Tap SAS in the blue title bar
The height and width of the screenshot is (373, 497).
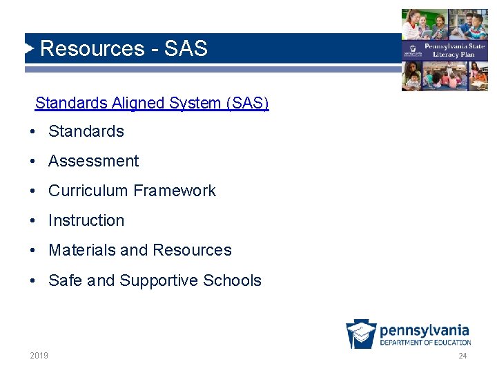(186, 48)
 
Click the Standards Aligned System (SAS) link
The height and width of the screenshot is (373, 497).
(152, 103)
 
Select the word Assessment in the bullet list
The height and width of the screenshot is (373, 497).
(93, 161)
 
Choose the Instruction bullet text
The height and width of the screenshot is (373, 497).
(86, 220)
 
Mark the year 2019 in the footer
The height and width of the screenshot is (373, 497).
(39, 356)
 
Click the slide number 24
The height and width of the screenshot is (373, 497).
(462, 356)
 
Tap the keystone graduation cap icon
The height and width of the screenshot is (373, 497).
(361, 334)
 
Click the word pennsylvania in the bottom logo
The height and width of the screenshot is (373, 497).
(425, 329)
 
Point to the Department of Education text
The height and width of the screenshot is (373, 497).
(425, 342)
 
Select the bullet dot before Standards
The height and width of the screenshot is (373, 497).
(33, 132)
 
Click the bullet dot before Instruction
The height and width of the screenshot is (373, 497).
(33, 221)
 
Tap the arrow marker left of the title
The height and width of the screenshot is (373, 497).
(30, 48)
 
